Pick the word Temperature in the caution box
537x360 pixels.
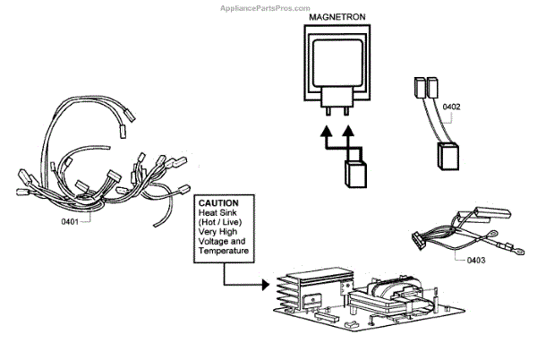coord(225,253)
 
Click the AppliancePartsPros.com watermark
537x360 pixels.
coord(484,6)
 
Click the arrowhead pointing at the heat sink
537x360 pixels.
coord(265,286)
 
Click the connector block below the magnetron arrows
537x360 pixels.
coord(354,171)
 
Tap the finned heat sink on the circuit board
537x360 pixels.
coord(296,287)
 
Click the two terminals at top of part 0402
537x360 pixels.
coord(426,87)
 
